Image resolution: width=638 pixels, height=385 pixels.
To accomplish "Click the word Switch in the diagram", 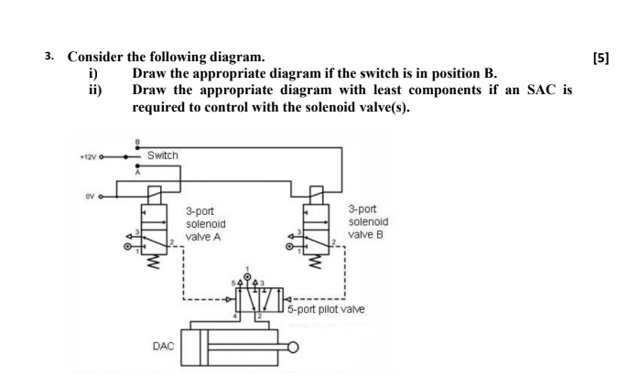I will [162, 155].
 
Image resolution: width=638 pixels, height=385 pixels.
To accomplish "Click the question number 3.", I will [52, 56].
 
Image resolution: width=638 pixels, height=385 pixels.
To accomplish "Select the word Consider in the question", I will [98, 57].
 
